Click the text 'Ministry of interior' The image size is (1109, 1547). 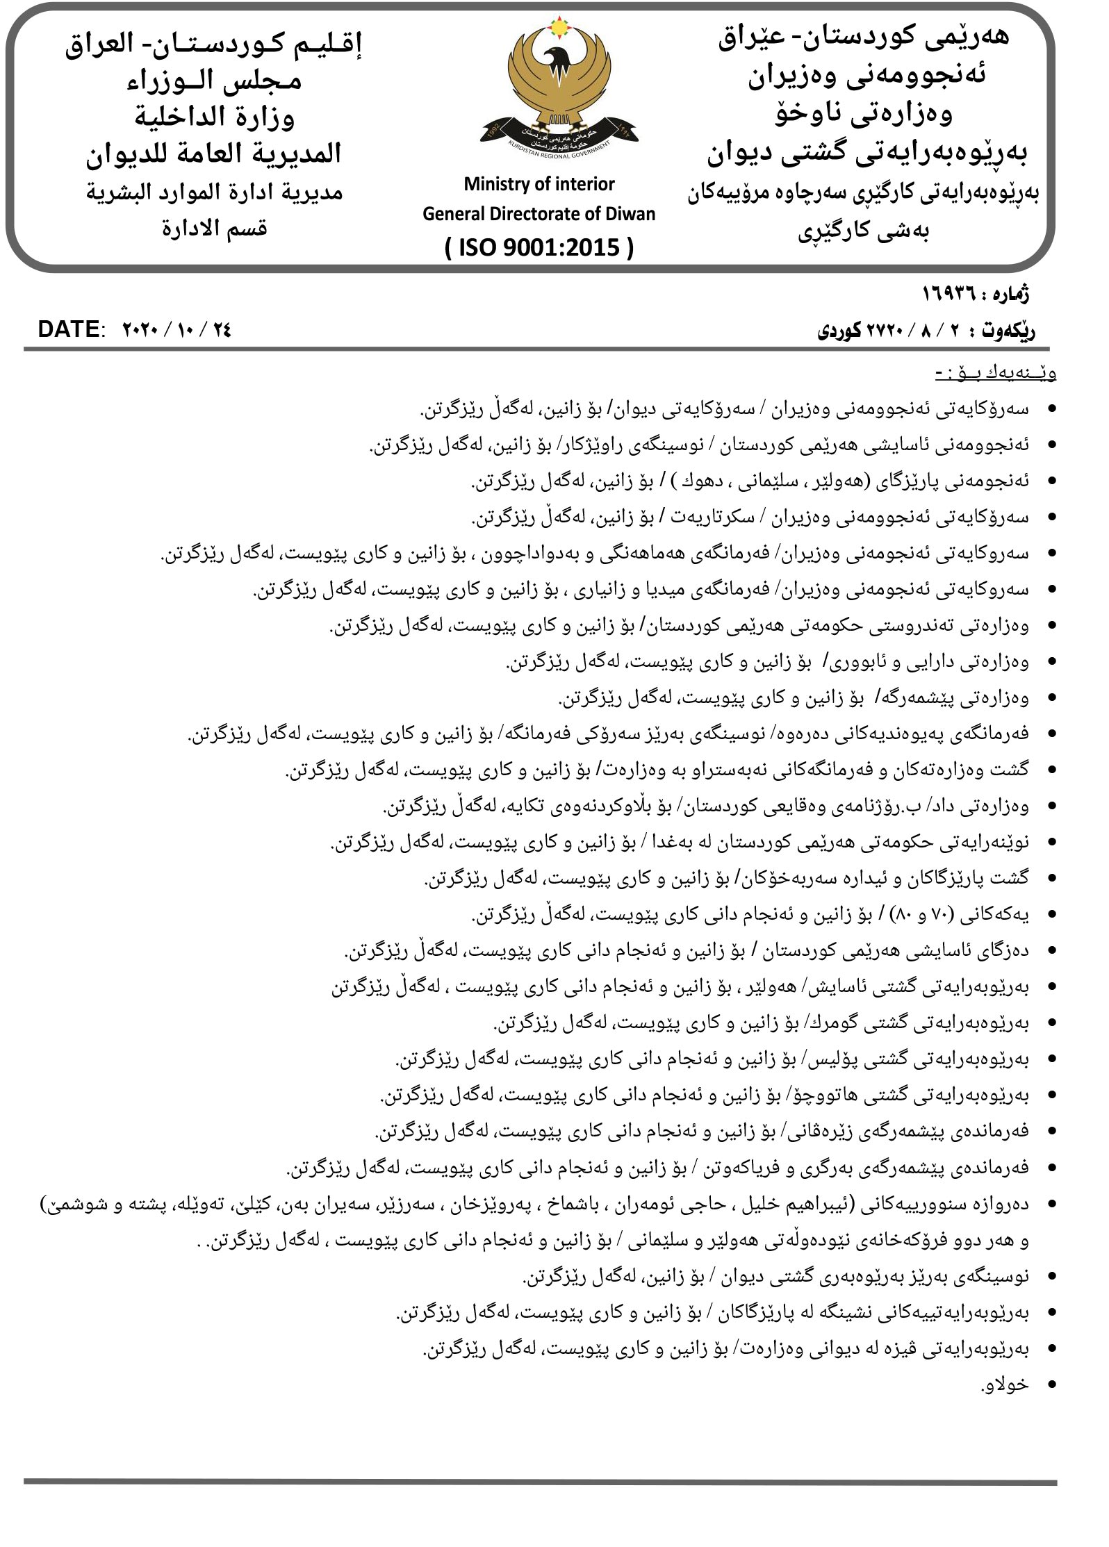point(539,184)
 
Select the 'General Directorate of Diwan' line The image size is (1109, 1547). point(539,214)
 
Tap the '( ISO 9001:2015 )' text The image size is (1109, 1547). point(539,246)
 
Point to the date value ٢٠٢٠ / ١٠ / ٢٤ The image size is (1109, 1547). point(176,329)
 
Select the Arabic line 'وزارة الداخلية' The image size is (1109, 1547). point(215,116)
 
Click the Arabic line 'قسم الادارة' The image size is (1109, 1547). point(215,227)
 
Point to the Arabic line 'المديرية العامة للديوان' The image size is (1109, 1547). point(215,153)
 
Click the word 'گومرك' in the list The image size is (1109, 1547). point(835,1024)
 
